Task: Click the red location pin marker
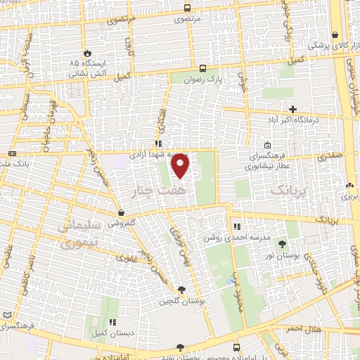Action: pos(181,166)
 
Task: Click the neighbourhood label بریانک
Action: pos(290,190)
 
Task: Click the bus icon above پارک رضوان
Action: pos(202,69)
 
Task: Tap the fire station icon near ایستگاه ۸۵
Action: pos(87,53)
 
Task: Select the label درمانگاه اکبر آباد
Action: pos(294,121)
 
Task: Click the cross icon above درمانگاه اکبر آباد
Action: pos(293,109)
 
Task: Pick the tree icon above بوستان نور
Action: pos(282,245)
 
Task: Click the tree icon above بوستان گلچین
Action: pos(182,289)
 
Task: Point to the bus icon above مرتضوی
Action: pos(186,8)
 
